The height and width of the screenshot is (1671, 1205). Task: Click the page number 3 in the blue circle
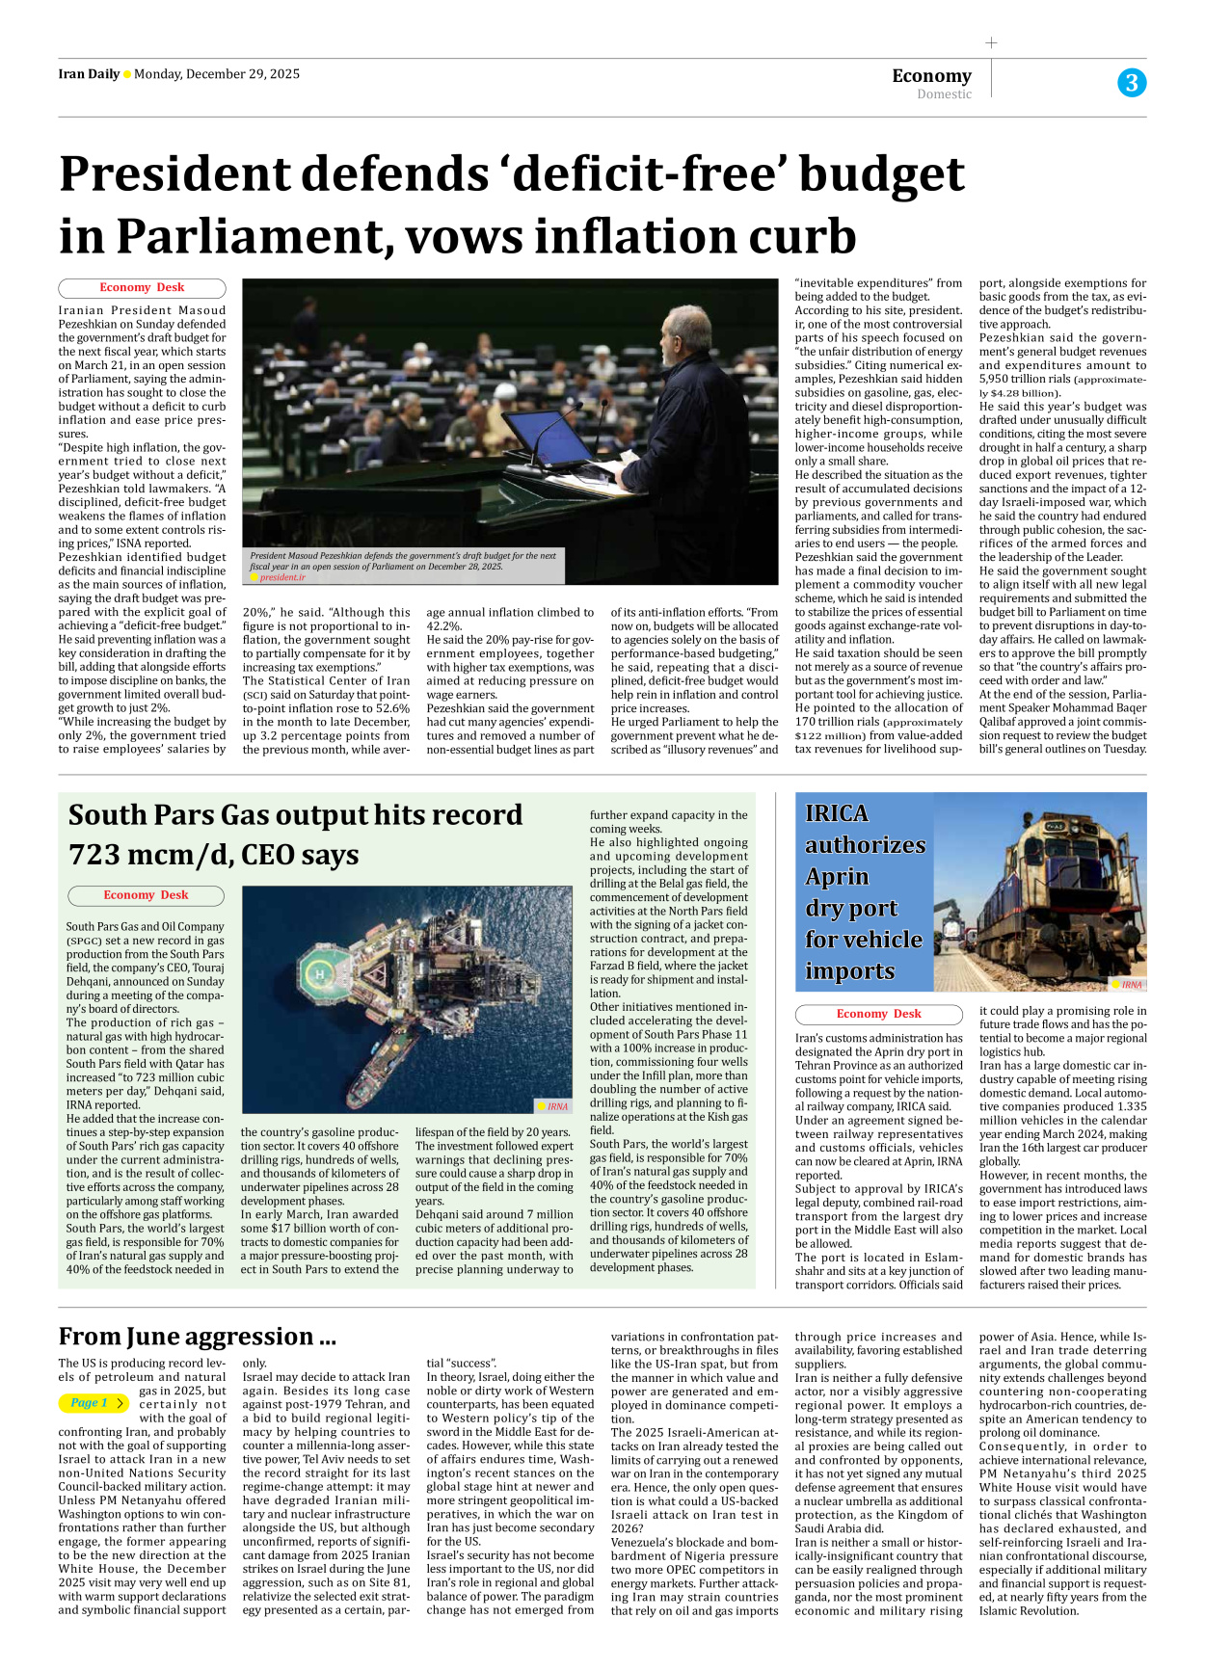click(1132, 83)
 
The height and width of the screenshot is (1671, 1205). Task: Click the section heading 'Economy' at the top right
click(931, 75)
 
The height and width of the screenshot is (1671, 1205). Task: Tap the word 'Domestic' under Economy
click(944, 94)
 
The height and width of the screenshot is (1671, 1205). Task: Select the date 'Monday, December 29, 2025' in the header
click(217, 74)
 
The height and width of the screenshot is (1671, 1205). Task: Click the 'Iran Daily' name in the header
click(89, 74)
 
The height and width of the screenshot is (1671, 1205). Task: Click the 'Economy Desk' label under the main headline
click(142, 287)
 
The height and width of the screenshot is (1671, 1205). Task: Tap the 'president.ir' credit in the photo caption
click(282, 577)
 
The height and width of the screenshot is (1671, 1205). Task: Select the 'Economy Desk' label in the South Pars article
click(146, 895)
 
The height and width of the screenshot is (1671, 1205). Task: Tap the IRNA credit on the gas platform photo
click(556, 1106)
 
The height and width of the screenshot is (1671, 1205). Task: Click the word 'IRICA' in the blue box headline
click(837, 813)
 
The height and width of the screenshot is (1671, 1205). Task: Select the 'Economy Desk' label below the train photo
click(878, 1014)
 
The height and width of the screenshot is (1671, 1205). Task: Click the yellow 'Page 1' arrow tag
click(94, 1403)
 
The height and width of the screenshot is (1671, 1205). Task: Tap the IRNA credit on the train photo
click(1131, 984)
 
